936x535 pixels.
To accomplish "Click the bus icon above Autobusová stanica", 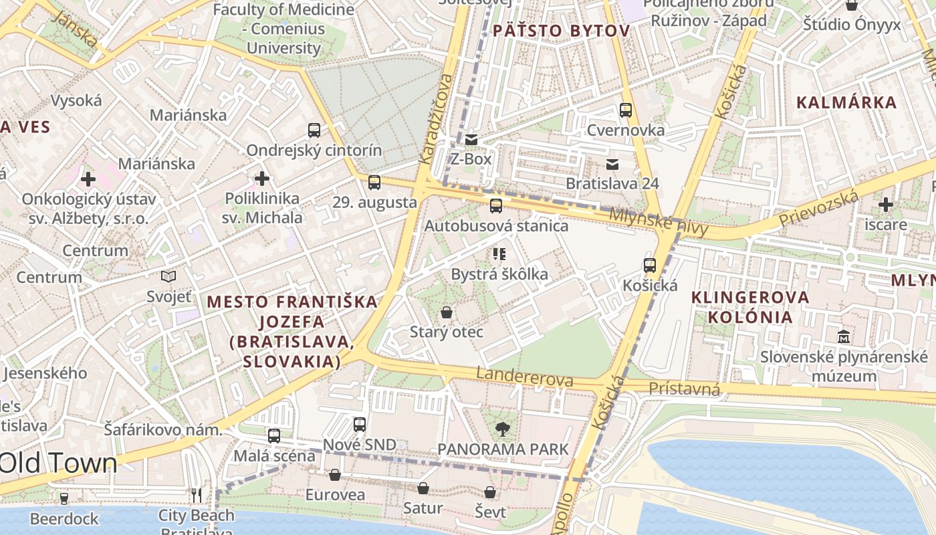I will (495, 206).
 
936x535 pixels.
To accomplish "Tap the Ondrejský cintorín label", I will (314, 150).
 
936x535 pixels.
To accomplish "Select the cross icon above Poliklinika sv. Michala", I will (262, 179).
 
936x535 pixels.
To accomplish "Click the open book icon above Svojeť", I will (168, 276).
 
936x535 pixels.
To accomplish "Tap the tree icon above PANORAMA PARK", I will (502, 429).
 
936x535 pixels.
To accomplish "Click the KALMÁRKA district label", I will (846, 102).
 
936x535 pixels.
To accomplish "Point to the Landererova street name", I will (525, 377).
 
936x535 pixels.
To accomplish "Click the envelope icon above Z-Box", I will (471, 140).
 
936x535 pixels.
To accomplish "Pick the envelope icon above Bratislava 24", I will (612, 164).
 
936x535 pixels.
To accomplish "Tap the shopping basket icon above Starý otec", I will (446, 312).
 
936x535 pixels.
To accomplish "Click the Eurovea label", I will (335, 495).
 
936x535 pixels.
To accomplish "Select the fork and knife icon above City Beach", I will (196, 495).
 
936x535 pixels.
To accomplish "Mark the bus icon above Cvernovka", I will (626, 110).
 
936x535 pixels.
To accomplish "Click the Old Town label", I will (58, 463).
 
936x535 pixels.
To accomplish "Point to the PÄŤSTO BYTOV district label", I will (561, 31).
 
